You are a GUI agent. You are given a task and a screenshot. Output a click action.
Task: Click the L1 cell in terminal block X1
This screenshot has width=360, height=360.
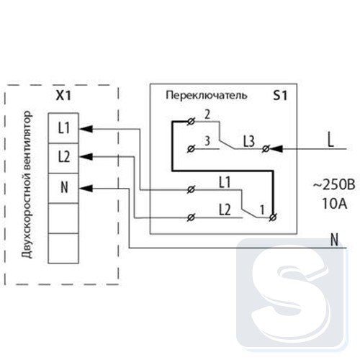[x=63, y=128]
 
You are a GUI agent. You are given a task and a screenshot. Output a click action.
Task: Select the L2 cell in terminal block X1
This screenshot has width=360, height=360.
[x=63, y=158]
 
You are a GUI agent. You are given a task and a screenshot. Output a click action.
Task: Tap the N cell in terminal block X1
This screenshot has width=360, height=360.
[x=63, y=188]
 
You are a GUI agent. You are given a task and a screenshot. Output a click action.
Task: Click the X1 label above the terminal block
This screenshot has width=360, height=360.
[x=63, y=96]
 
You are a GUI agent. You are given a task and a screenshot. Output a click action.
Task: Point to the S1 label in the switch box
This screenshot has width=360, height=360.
[x=280, y=96]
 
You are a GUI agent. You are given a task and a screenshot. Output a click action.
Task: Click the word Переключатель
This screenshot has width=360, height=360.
[x=207, y=96]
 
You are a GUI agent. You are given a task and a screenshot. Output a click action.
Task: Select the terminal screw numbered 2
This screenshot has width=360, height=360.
[x=191, y=122]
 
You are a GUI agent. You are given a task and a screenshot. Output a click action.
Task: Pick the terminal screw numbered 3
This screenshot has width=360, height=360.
[x=191, y=149]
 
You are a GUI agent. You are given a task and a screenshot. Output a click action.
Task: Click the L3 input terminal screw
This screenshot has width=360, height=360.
[x=266, y=149]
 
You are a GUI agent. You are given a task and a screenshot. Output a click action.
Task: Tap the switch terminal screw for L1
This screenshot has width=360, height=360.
[x=191, y=190]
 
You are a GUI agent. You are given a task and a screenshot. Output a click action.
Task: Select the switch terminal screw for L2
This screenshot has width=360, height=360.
[x=191, y=217]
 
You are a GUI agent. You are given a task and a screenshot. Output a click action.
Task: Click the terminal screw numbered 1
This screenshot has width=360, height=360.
[x=273, y=217]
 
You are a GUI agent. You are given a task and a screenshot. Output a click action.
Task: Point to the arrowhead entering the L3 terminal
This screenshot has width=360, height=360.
[x=276, y=149]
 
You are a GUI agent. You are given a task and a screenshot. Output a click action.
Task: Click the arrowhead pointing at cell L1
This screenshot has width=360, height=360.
[x=86, y=129]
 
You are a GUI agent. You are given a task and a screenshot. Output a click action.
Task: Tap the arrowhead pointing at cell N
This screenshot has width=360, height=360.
[x=86, y=189]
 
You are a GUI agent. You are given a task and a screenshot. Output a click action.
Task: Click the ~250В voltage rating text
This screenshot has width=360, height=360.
[x=334, y=185]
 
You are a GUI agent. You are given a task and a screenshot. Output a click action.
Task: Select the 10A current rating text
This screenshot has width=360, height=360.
[x=334, y=204]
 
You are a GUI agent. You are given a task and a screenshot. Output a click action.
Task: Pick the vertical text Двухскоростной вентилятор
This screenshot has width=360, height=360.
[x=27, y=184]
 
